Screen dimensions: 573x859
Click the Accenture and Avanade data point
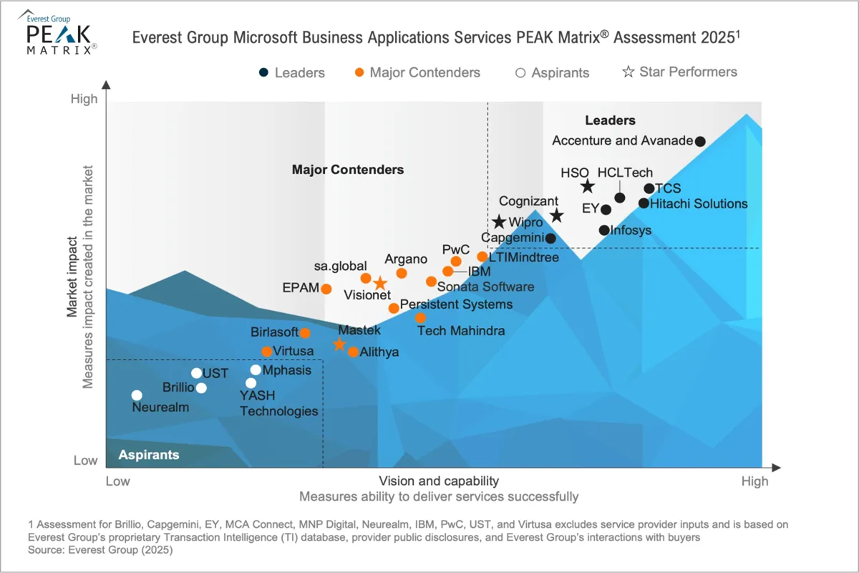[x=700, y=141]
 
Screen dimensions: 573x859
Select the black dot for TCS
[x=649, y=189]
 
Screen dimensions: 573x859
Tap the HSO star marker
[x=587, y=187]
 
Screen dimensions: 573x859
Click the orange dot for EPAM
[x=326, y=289]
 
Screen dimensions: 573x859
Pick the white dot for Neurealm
[x=137, y=395]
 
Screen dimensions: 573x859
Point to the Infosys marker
[x=604, y=230]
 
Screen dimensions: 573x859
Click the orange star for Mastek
[x=339, y=345]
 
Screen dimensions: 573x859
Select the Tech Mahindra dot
[x=420, y=317]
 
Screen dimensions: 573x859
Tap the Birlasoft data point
[x=305, y=333]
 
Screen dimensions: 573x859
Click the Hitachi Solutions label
[x=698, y=203]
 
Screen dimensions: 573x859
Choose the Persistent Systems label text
[x=456, y=304]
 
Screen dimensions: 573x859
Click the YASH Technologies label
[x=278, y=403]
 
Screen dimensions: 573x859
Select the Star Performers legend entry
[x=679, y=72]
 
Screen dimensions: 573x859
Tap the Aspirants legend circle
[x=520, y=72]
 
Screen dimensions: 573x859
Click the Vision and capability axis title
[x=438, y=481]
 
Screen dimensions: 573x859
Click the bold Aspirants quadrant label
[x=148, y=455]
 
